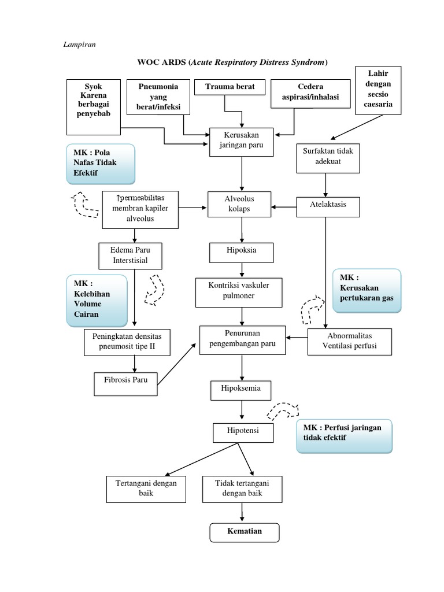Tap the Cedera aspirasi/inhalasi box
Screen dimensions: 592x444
[310, 92]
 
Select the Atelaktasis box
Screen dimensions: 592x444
[328, 206]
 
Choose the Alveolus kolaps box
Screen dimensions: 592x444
[239, 204]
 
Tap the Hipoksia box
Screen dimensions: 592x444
[241, 251]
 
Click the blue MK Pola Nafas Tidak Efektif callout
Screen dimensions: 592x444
[101, 164]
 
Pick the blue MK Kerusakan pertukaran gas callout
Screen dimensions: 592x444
[367, 291]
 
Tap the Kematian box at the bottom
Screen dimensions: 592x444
[244, 532]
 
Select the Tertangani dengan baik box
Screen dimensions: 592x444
[146, 489]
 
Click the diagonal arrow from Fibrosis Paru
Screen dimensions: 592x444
[177, 364]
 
